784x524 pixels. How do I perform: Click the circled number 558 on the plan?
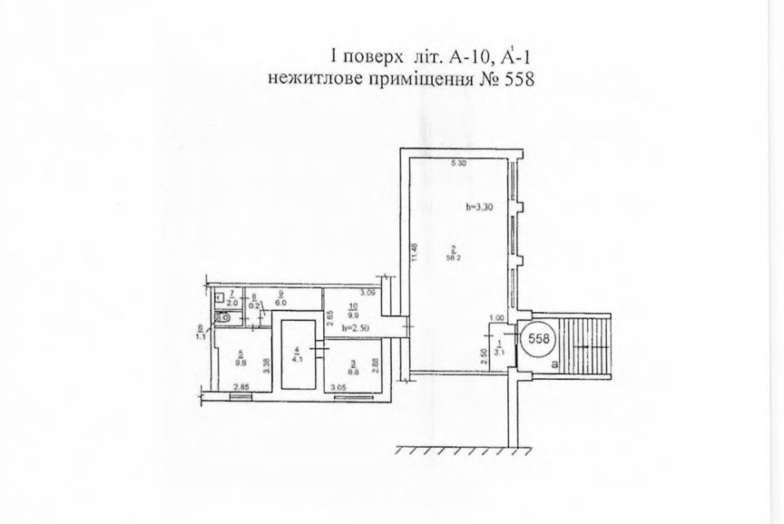pyautogui.click(x=539, y=339)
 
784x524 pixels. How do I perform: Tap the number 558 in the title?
pyautogui.click(x=516, y=79)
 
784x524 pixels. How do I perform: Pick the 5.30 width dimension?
pyautogui.click(x=459, y=165)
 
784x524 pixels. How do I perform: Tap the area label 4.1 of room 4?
pyautogui.click(x=297, y=360)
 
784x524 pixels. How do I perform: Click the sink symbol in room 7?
pyautogui.click(x=220, y=297)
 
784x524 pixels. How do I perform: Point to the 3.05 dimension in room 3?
pyautogui.click(x=339, y=388)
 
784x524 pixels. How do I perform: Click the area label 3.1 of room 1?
pyautogui.click(x=499, y=351)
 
